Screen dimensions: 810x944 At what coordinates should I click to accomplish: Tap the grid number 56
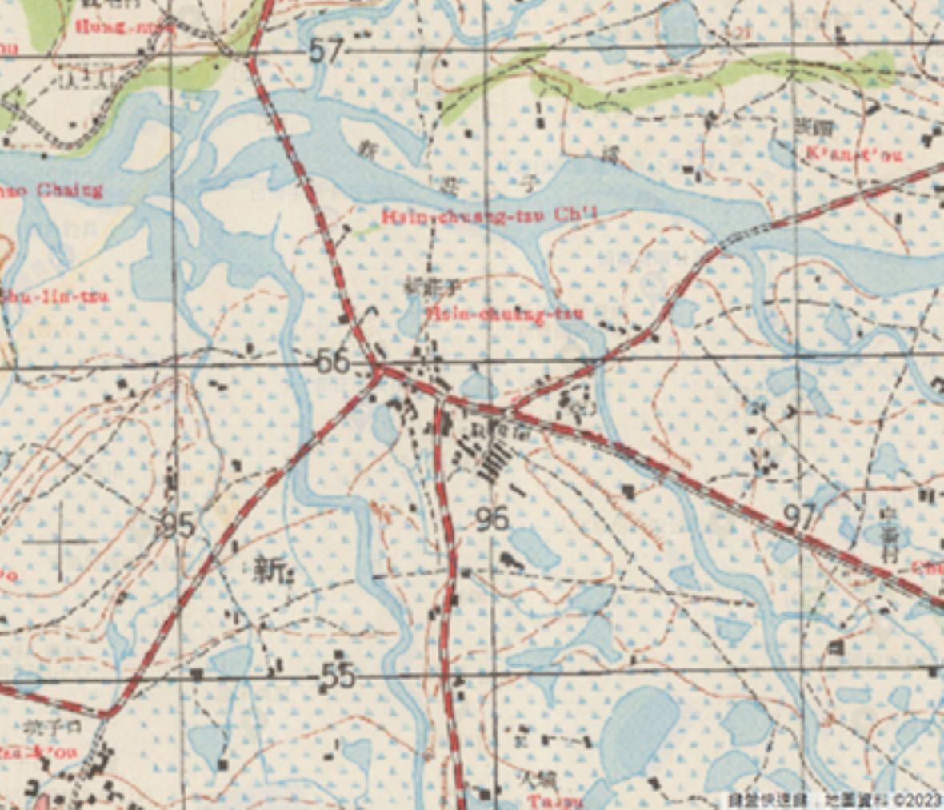pos(334,362)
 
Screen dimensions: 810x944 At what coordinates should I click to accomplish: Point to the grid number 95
pos(177,525)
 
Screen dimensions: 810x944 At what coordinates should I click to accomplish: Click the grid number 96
pos(491,519)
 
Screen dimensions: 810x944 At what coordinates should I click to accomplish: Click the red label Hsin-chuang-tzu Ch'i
pos(490,216)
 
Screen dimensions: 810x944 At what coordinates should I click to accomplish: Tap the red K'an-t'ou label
pos(854,154)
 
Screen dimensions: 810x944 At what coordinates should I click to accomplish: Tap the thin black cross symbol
pos(61,542)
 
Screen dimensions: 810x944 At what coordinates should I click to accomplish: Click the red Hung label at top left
pos(104,26)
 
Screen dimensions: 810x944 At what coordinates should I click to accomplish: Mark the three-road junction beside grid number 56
pos(378,371)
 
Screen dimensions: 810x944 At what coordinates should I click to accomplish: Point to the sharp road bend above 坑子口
pos(110,712)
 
